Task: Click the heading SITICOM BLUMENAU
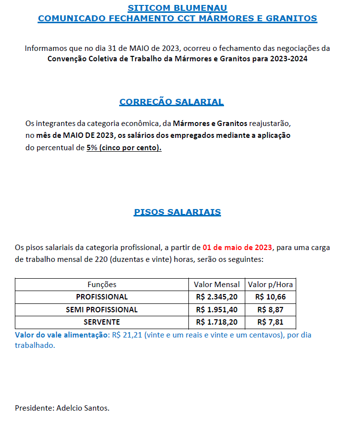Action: pyautogui.click(x=178, y=8)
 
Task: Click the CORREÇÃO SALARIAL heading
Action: pyautogui.click(x=172, y=102)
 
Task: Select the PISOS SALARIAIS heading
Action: pyautogui.click(x=178, y=212)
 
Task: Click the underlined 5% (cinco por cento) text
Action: pyautogui.click(x=124, y=148)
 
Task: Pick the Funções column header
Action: pyautogui.click(x=102, y=285)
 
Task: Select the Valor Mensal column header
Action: pyautogui.click(x=217, y=285)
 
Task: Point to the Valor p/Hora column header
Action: pyautogui.click(x=270, y=285)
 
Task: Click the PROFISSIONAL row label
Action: pyautogui.click(x=102, y=297)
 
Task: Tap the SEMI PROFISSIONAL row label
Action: pyautogui.click(x=102, y=310)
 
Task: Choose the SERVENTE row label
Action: pyautogui.click(x=102, y=322)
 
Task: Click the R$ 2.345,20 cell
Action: pyautogui.click(x=217, y=297)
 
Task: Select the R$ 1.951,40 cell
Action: pyautogui.click(x=217, y=310)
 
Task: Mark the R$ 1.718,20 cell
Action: pyautogui.click(x=217, y=322)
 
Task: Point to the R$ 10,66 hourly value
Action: pyautogui.click(x=270, y=297)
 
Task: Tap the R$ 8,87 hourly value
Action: pyautogui.click(x=270, y=310)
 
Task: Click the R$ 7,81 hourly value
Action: pyautogui.click(x=270, y=322)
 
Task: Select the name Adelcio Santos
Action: pyautogui.click(x=83, y=408)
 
